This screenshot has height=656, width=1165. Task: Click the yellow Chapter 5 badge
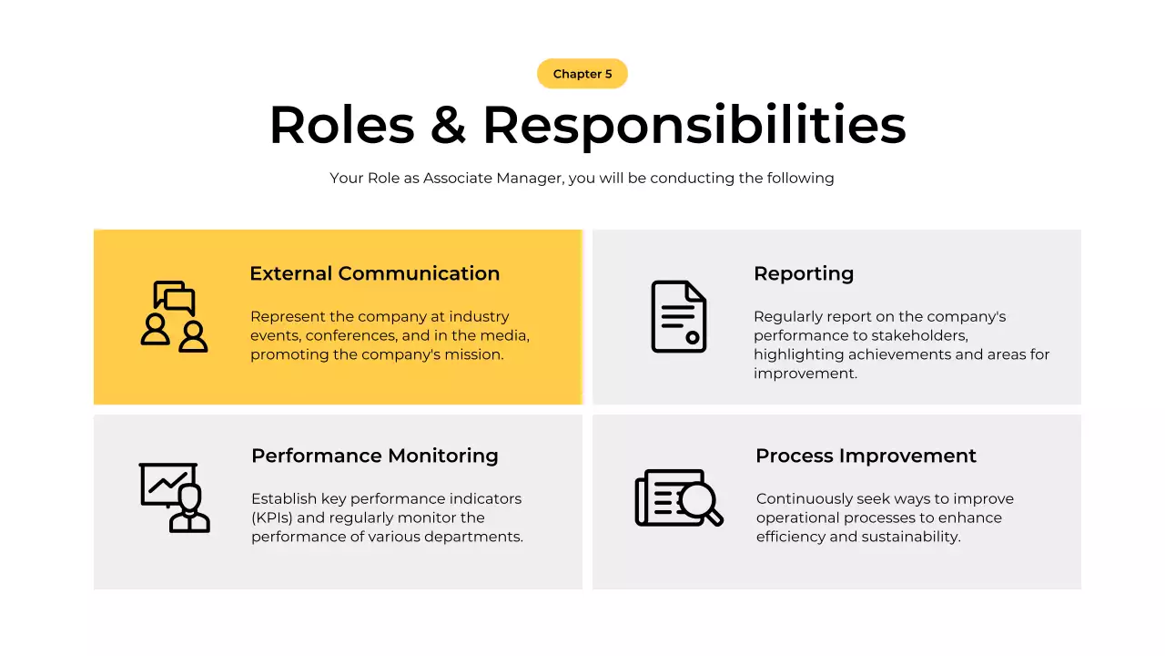pos(582,74)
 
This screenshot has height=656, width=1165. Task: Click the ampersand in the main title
pos(448,125)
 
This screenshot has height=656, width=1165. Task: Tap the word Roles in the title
pos(341,125)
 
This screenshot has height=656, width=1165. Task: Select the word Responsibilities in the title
pos(694,125)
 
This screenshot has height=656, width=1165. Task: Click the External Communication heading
pos(374,273)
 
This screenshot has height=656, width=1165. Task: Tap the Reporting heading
pos(804,273)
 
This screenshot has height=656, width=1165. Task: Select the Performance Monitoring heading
pos(374,456)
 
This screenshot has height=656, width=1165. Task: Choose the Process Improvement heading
pos(866,456)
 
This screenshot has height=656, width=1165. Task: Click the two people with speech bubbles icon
pos(174,316)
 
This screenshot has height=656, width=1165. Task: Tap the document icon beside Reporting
pos(679,316)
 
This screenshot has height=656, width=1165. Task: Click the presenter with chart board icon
pos(174,497)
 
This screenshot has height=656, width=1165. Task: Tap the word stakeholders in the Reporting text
pos(918,335)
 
